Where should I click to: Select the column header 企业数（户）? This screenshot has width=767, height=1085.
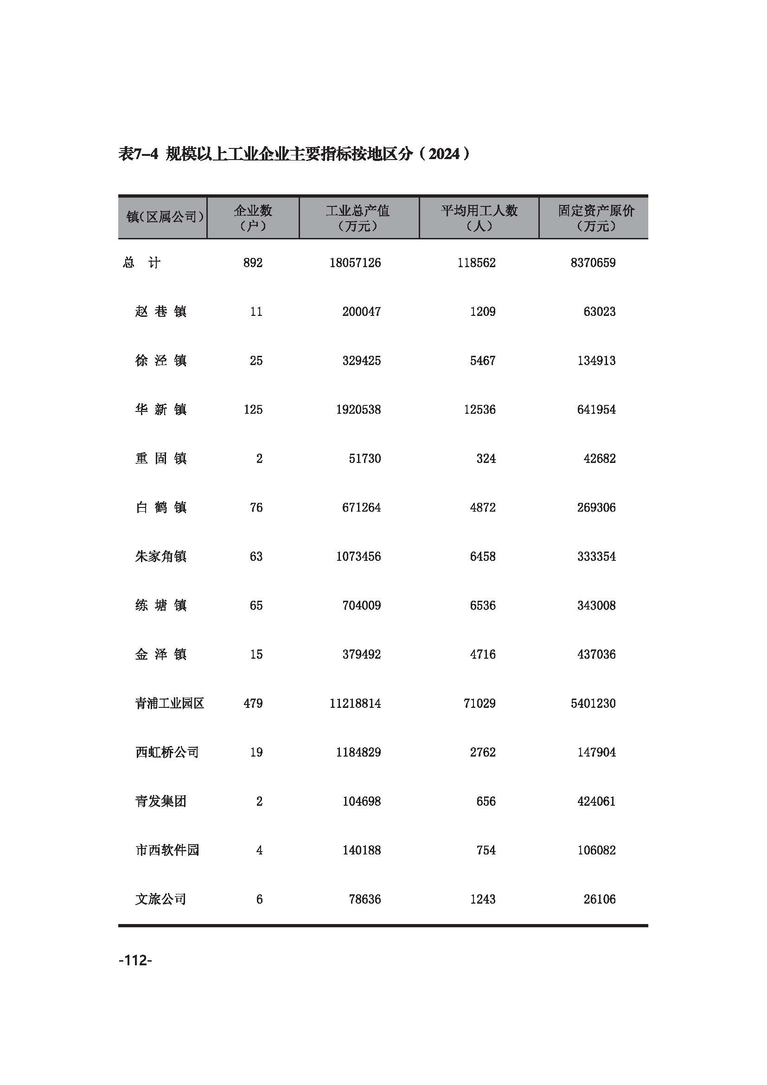point(253,218)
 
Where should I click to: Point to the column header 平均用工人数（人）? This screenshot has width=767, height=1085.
point(479,218)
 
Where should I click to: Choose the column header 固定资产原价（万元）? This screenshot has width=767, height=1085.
point(596,218)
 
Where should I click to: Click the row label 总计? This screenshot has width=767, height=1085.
point(142,263)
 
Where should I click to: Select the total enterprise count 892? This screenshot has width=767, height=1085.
point(253,263)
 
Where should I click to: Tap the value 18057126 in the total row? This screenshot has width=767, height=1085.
point(355,263)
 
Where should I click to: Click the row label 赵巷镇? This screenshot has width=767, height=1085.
point(160,311)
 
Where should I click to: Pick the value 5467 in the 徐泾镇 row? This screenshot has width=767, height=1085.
point(482,360)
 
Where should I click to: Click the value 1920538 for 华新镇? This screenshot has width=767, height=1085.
point(358,409)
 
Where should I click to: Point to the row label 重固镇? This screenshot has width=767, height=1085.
point(160,458)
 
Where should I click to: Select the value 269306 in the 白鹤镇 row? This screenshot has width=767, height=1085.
point(596,507)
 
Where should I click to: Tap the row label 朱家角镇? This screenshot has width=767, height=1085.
point(160,556)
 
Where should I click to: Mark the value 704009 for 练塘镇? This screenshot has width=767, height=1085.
point(361,605)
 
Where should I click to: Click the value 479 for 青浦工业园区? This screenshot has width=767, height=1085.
point(253,703)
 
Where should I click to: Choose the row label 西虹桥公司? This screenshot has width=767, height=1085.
point(167,752)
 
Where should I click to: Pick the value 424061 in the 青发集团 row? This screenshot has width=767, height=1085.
point(596,801)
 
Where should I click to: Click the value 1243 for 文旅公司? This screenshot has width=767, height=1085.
point(482,899)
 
